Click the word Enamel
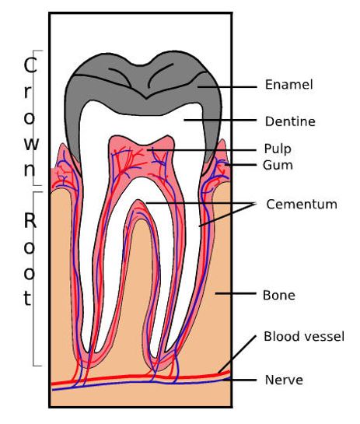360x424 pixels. coord(288,85)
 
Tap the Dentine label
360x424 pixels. coord(290,121)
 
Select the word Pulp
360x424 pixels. coord(278,149)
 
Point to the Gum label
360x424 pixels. coord(278,165)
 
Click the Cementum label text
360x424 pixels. coord(302,204)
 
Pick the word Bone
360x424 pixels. coord(278,295)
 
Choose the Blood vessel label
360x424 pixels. coord(304,337)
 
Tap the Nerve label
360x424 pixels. coord(284,380)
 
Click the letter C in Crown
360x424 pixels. coord(30,65)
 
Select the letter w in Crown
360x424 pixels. coord(31,144)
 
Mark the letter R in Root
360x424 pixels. coord(30,220)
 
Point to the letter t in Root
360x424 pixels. coord(27,298)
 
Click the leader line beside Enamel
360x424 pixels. coord(227,87)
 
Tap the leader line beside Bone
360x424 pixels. coord(236,293)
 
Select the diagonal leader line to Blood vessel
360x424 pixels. coord(237,354)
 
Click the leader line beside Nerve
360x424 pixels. coord(239,380)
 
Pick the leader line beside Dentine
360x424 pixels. coord(220,120)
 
